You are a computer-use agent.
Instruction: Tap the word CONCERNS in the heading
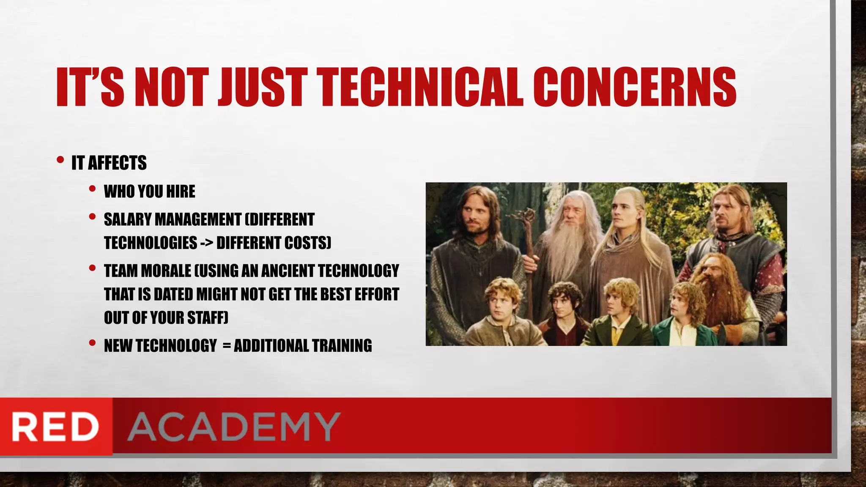[x=634, y=88]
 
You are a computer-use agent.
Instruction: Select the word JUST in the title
[x=262, y=88]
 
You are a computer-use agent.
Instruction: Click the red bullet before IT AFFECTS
[x=60, y=160]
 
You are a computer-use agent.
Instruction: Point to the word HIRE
[x=181, y=192]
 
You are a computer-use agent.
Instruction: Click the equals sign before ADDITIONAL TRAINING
[x=227, y=346]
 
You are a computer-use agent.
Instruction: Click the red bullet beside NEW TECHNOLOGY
[x=92, y=343]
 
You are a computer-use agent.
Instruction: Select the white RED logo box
[x=55, y=427]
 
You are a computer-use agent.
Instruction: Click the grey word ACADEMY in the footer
[x=234, y=427]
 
